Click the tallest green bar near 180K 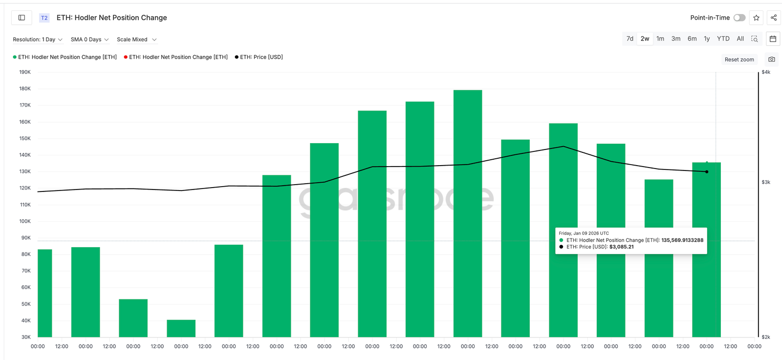[x=468, y=213]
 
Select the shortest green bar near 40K [x=181, y=328]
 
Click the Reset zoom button [x=739, y=60]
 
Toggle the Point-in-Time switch [x=739, y=18]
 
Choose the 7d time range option [x=630, y=39]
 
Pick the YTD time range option [x=723, y=39]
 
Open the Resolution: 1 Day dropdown [x=38, y=40]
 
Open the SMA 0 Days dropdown [x=89, y=40]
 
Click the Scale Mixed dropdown [x=136, y=40]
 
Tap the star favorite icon [x=756, y=18]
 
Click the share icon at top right [x=774, y=18]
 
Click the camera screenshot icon [x=772, y=60]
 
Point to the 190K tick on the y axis [x=25, y=72]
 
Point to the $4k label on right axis [x=766, y=72]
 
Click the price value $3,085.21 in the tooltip [x=621, y=247]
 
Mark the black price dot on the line [x=707, y=171]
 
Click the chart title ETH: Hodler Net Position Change [x=111, y=18]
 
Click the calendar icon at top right [x=773, y=39]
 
